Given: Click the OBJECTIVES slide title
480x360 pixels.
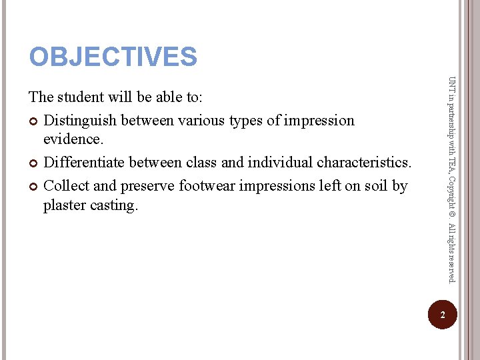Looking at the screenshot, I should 113,57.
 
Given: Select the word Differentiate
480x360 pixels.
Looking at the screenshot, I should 84,162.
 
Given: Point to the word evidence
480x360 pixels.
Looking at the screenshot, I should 72,139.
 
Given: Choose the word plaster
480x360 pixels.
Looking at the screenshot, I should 67,205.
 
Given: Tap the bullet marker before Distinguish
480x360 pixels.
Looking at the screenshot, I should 34,121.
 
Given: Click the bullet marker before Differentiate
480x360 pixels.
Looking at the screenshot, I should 34,163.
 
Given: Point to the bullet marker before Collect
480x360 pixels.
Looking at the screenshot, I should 34,186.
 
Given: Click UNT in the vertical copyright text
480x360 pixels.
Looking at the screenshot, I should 452,85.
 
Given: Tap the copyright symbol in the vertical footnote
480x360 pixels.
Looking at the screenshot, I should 452,215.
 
